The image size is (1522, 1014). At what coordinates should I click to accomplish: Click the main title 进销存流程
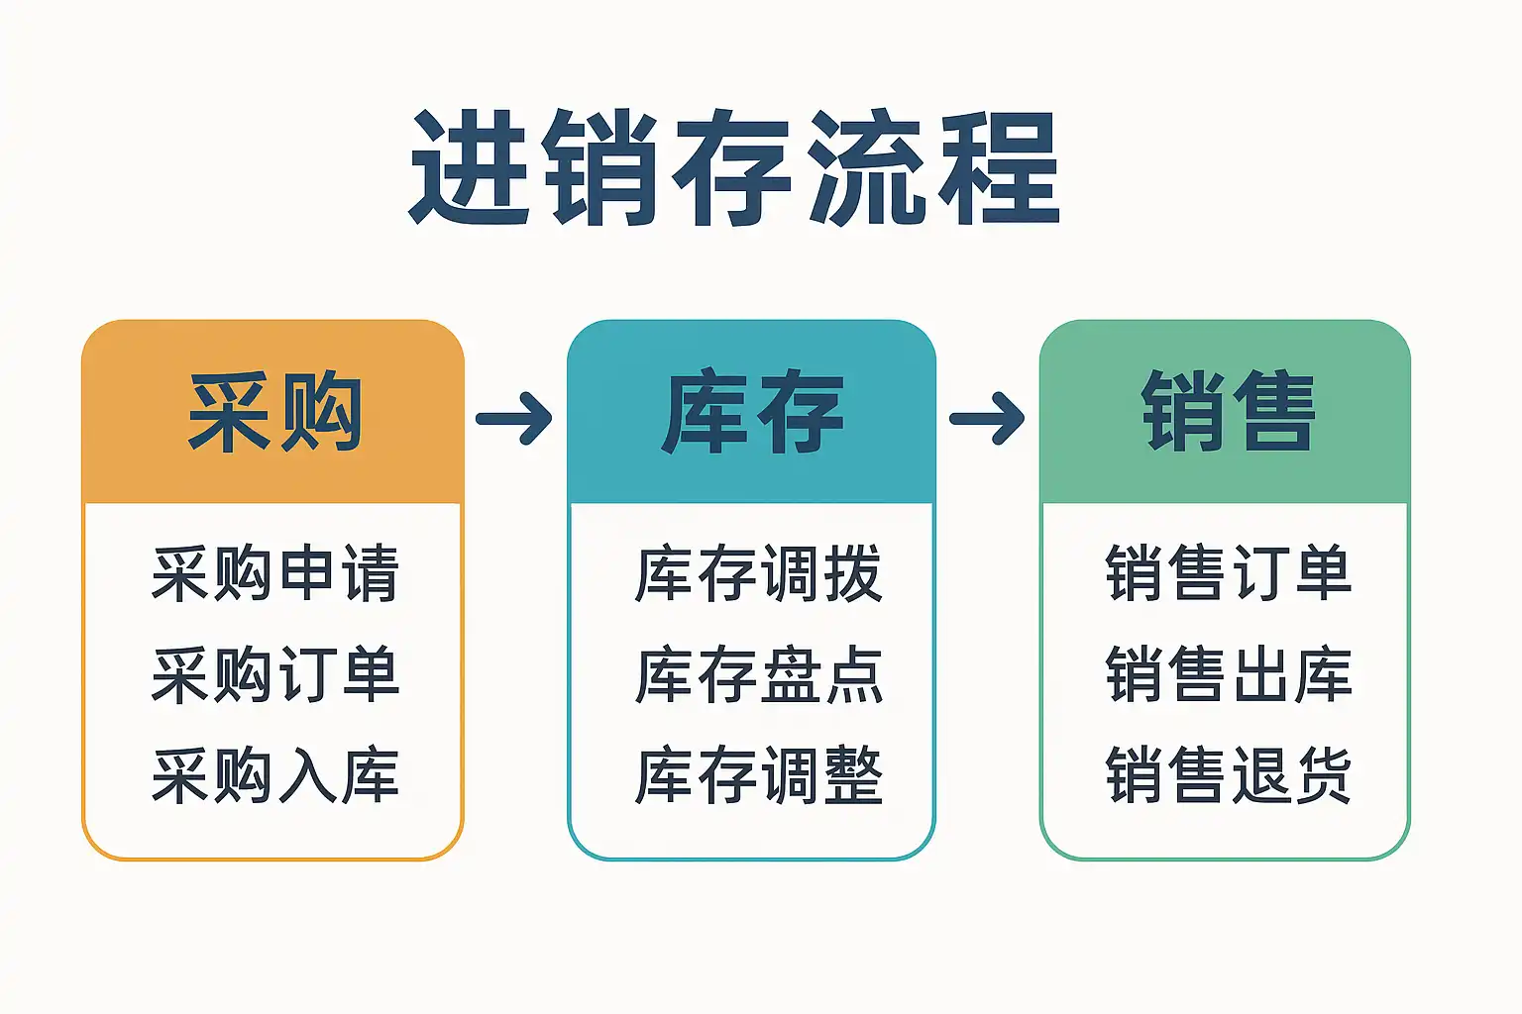pos(734,167)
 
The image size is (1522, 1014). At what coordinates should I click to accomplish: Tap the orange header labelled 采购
pos(273,412)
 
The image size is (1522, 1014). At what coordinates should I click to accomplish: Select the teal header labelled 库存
pos(751,412)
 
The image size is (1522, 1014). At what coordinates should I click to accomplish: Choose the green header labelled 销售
pos(1225,412)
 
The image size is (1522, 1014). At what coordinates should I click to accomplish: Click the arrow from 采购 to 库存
pos(514,418)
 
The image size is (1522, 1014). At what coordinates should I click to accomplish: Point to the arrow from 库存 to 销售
pos(987,418)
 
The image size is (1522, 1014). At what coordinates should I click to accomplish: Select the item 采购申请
pos(275,572)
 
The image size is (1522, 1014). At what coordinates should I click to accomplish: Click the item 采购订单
pos(275,674)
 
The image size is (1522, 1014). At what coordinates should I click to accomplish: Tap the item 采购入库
pos(275,775)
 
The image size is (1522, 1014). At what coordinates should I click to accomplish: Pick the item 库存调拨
pos(758,572)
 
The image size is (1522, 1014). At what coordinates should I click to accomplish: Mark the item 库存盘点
pos(758,674)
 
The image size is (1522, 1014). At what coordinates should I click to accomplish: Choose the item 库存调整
pos(758,775)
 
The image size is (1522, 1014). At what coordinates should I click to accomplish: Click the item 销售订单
pos(1229,572)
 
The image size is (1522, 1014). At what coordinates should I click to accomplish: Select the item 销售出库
pos(1229,674)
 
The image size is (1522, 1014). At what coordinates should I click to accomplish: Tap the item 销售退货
pos(1229,775)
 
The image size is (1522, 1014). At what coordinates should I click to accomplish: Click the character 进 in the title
pos(469,167)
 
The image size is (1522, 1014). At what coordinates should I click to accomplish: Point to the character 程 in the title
pos(999,167)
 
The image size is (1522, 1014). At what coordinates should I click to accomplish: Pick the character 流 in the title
pos(867,167)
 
